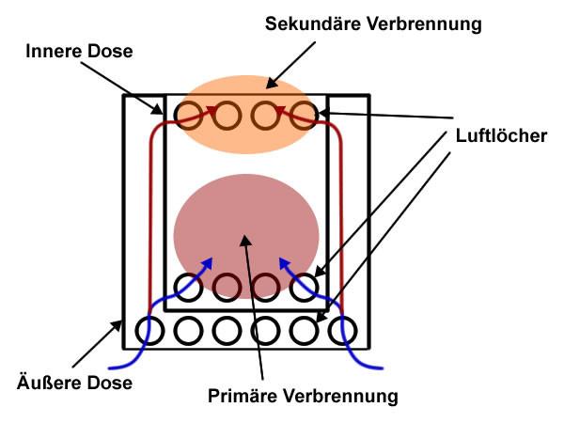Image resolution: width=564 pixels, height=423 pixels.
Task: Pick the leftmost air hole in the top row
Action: coord(189,116)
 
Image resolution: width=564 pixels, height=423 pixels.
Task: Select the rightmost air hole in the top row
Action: coord(303,116)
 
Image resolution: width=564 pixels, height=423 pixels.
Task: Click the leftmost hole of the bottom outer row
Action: coord(149,330)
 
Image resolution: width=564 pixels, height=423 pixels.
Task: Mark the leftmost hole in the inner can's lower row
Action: coord(189,287)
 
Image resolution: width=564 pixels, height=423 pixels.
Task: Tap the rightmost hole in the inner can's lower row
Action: coord(303,287)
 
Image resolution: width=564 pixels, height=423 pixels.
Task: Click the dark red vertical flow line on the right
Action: coord(340,216)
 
